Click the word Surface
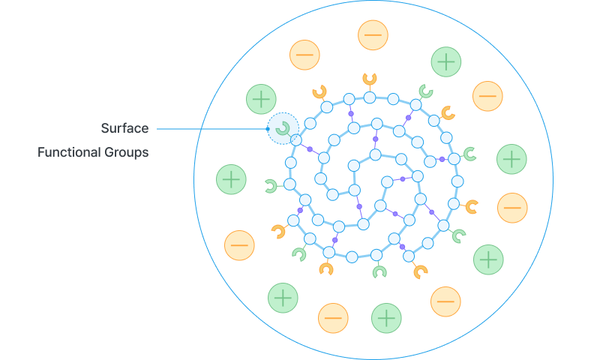pyautogui.click(x=124, y=128)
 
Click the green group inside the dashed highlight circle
pyautogui.click(x=282, y=128)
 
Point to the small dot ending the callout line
pyautogui.click(x=268, y=129)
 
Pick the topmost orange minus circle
pyautogui.click(x=373, y=35)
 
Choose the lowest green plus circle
pyautogui.click(x=386, y=319)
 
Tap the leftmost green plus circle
pyautogui.click(x=231, y=179)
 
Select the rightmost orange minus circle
pyautogui.click(x=512, y=208)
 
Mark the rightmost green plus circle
pyautogui.click(x=511, y=159)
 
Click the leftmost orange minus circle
pyautogui.click(x=239, y=245)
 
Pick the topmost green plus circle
pyautogui.click(x=446, y=61)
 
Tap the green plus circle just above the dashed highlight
pyautogui.click(x=261, y=99)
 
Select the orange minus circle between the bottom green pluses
pyautogui.click(x=333, y=318)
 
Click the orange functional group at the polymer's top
pyautogui.click(x=370, y=79)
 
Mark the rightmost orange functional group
pyautogui.click(x=472, y=206)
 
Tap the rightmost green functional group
pyautogui.click(x=469, y=154)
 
